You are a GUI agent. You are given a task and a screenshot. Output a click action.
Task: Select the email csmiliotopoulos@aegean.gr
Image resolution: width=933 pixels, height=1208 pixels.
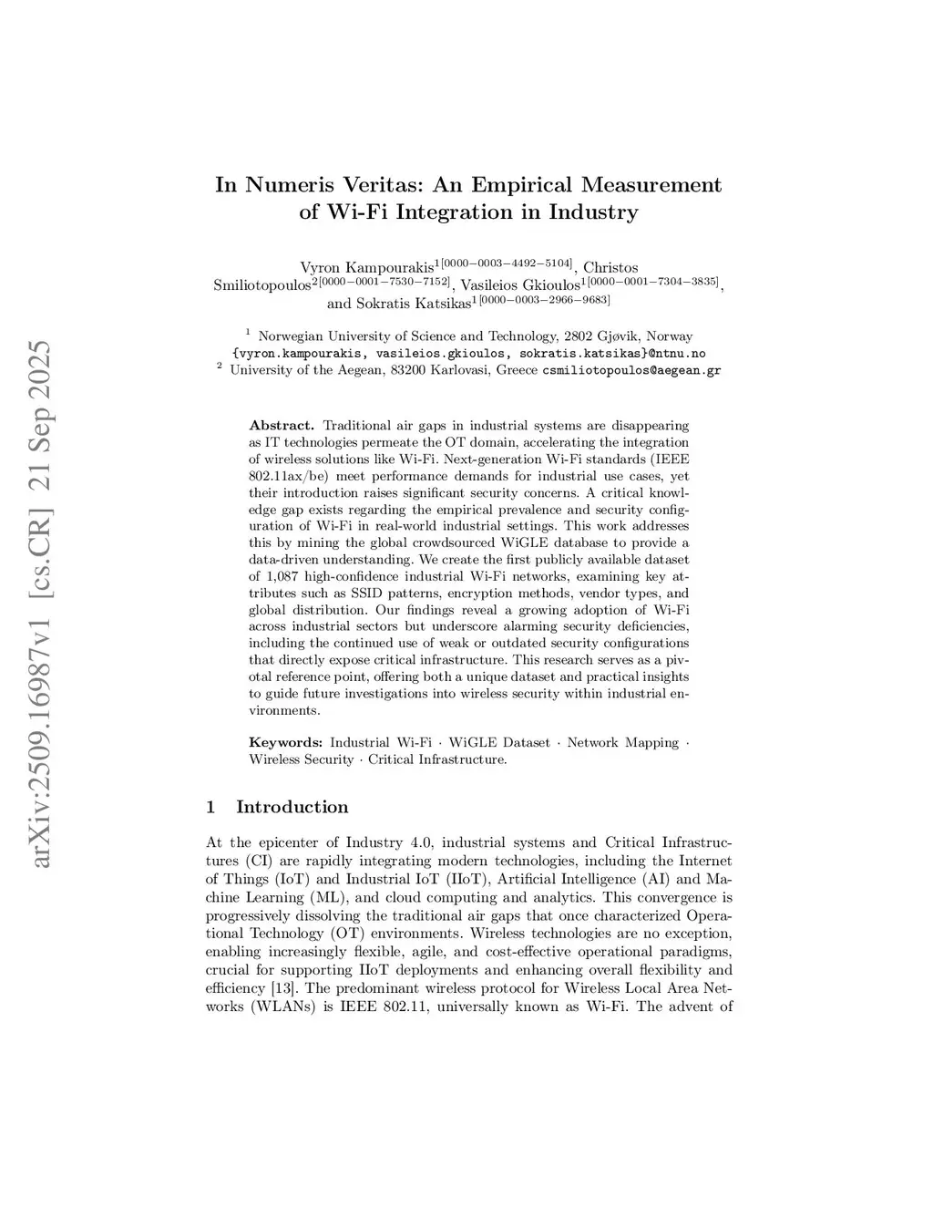click(x=631, y=371)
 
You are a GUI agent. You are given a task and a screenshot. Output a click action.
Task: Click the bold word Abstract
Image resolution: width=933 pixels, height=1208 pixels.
click(x=282, y=425)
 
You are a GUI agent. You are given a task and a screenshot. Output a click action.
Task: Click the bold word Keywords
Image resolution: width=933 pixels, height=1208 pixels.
click(x=285, y=742)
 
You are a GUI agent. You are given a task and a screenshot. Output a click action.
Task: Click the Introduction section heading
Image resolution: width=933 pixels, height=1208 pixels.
click(x=292, y=807)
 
